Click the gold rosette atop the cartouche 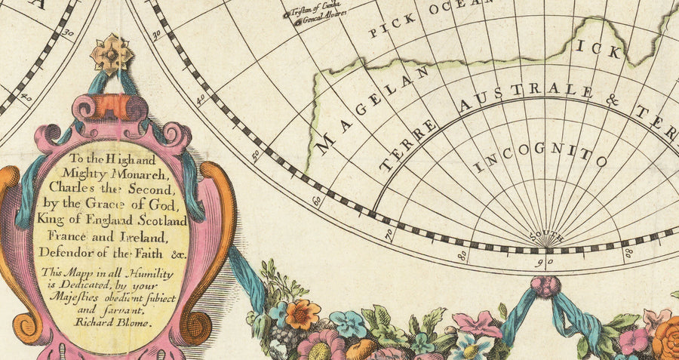pyautogui.click(x=112, y=54)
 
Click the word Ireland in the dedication pyautogui.click(x=136, y=237)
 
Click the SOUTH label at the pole pyautogui.click(x=546, y=236)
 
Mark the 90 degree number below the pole pyautogui.click(x=546, y=262)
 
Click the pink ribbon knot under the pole pyautogui.click(x=545, y=286)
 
